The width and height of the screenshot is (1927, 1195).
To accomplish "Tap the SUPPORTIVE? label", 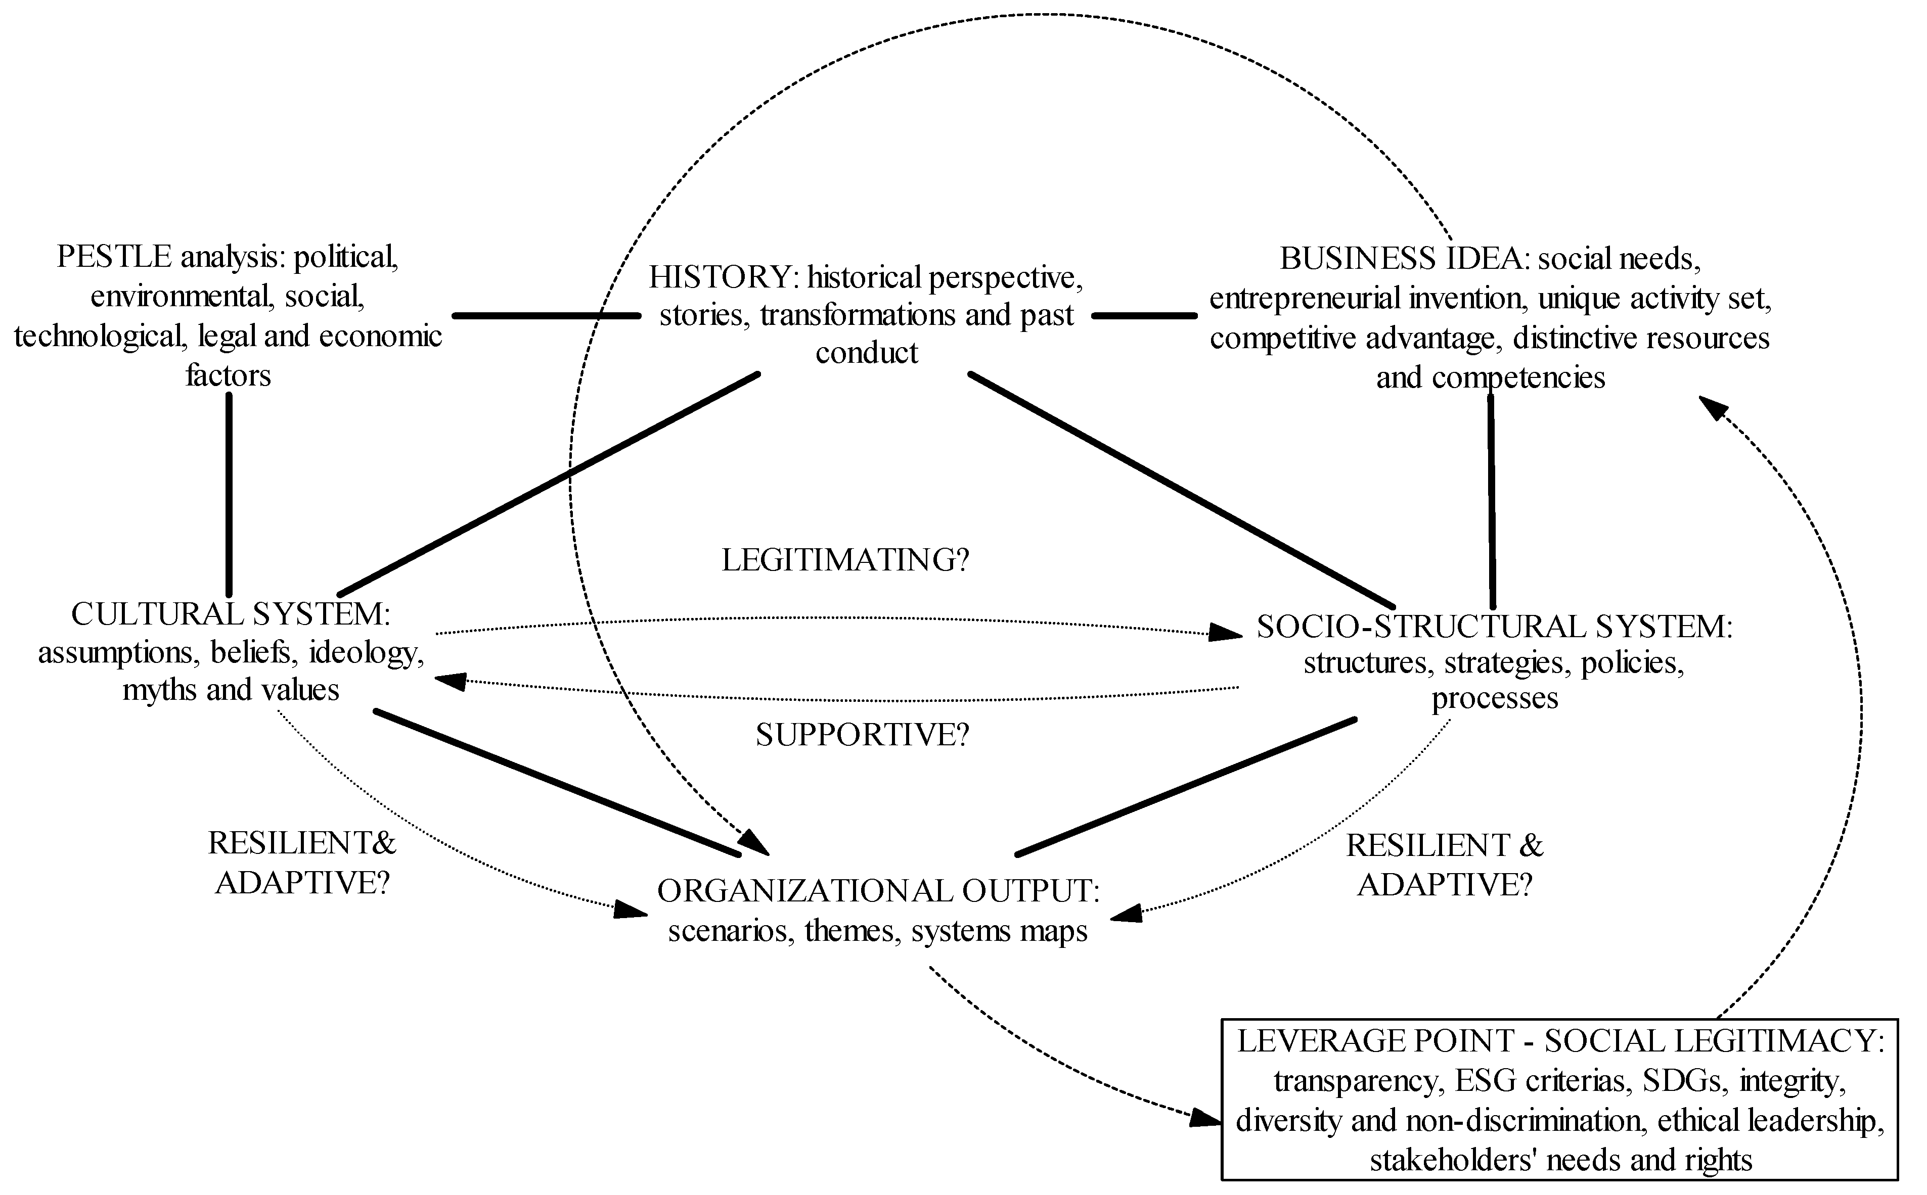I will click(862, 735).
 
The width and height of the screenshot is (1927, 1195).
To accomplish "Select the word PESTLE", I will click(114, 257).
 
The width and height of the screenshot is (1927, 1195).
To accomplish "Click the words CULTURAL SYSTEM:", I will click(230, 614).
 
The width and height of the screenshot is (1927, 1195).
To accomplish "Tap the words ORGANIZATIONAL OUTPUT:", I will click(878, 891).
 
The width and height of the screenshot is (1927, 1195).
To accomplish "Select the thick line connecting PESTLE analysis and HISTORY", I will click(546, 315).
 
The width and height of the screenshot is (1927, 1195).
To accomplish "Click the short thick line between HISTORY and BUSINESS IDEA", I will click(1144, 315).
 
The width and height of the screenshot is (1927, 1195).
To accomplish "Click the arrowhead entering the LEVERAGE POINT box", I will click(1206, 1118).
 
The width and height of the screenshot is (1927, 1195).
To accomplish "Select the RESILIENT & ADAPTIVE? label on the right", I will click(1444, 866).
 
